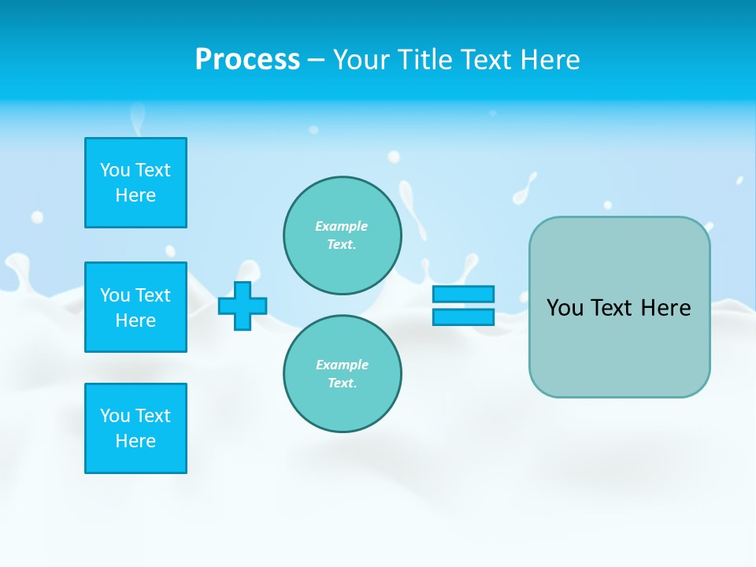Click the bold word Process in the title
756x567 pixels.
pos(247,60)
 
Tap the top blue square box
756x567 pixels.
pos(135,183)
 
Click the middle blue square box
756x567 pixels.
pos(135,307)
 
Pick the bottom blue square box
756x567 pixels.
pos(135,428)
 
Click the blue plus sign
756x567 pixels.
pos(243,306)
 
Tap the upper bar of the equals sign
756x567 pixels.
pos(463,295)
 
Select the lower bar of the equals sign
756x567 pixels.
pos(463,317)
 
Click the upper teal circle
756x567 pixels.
pos(342,235)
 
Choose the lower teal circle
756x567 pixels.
pos(342,374)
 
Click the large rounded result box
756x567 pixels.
pos(619,307)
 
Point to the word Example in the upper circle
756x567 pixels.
pos(342,226)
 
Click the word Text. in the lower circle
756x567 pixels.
pos(342,384)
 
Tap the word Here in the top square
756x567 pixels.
pos(135,195)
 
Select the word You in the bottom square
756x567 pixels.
pos(115,416)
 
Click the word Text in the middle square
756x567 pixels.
pos(153,295)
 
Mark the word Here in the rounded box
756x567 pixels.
pos(665,308)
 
